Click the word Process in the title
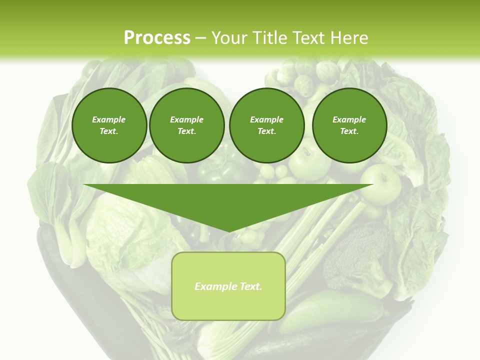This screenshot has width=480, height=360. (x=157, y=38)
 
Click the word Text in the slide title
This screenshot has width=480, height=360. (x=308, y=38)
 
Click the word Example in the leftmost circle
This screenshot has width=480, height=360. (x=109, y=119)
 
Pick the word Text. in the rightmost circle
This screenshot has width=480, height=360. (x=349, y=131)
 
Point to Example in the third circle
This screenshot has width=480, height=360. (x=266, y=119)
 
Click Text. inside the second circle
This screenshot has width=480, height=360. (x=187, y=131)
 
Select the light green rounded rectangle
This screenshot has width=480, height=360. (x=228, y=305)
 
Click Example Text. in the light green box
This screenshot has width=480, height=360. (x=228, y=286)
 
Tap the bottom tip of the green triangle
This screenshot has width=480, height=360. (x=228, y=231)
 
